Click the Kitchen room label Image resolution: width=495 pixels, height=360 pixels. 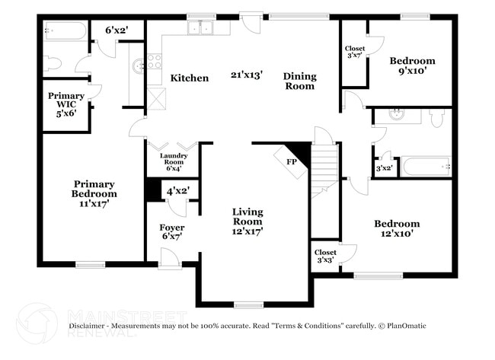(x=190, y=78)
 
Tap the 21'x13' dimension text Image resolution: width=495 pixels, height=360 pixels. (x=247, y=75)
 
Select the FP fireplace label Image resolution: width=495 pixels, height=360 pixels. (x=292, y=162)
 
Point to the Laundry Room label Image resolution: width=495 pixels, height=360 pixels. (x=174, y=162)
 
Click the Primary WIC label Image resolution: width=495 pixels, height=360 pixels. (x=66, y=104)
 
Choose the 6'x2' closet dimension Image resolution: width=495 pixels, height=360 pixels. (x=117, y=30)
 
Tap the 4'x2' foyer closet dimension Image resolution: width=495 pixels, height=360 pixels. (x=178, y=191)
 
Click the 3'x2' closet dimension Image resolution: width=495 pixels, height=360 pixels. (x=384, y=168)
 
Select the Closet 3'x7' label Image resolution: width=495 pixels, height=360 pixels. (x=355, y=52)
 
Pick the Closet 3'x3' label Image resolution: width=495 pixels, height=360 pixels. (x=325, y=256)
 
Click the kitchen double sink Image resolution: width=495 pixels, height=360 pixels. (x=200, y=27)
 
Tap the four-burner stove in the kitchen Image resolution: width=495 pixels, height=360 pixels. (x=155, y=61)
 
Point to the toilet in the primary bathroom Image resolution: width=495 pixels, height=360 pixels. (x=52, y=63)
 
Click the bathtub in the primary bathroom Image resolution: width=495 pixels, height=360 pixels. (x=65, y=30)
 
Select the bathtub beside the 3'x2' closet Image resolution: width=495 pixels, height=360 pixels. (x=426, y=167)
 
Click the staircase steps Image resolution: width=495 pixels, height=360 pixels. (x=324, y=171)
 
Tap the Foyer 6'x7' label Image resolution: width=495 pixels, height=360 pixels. (x=172, y=232)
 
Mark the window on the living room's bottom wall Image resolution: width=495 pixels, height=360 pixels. (x=249, y=304)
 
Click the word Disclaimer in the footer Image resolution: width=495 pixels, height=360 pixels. (x=87, y=326)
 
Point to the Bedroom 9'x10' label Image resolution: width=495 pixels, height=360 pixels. (x=412, y=65)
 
